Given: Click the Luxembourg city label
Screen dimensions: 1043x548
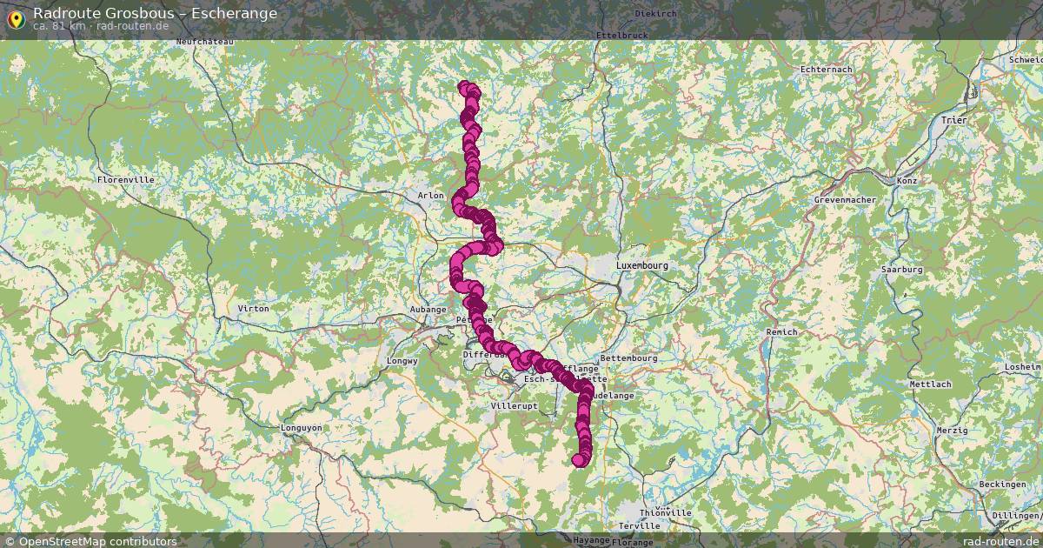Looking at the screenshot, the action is pyautogui.click(x=642, y=264).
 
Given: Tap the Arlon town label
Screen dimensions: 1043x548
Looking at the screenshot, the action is pyautogui.click(x=431, y=196).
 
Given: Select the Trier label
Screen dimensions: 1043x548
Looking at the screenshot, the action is pyautogui.click(x=953, y=120).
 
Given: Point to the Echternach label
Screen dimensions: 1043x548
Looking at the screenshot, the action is pyautogui.click(x=826, y=69).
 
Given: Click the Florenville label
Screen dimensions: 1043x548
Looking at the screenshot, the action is pyautogui.click(x=126, y=179).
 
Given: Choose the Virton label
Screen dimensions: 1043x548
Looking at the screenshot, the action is pyautogui.click(x=253, y=309).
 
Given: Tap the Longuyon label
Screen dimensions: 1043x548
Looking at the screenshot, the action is pyautogui.click(x=302, y=428).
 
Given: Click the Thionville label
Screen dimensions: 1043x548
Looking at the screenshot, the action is pyautogui.click(x=666, y=513).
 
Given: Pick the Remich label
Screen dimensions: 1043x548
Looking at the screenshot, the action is pyautogui.click(x=781, y=332).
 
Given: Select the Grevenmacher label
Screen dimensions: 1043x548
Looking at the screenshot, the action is pyautogui.click(x=845, y=200).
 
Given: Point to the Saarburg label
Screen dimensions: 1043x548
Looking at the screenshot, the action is pyautogui.click(x=901, y=270).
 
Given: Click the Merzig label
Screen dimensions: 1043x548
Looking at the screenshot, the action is pyautogui.click(x=953, y=431).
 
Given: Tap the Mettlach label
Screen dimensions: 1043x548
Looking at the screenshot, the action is pyautogui.click(x=930, y=384).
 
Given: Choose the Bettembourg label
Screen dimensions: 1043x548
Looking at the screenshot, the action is pyautogui.click(x=629, y=358).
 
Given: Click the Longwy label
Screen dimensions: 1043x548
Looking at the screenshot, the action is pyautogui.click(x=403, y=360).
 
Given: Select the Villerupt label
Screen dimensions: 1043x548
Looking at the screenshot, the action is pyautogui.click(x=515, y=406).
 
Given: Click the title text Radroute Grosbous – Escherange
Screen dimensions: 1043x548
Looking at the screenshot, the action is pyautogui.click(x=155, y=13).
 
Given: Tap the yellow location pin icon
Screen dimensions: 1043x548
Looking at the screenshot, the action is pyautogui.click(x=15, y=17).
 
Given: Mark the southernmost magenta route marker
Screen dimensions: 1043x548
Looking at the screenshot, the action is pyautogui.click(x=579, y=460).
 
